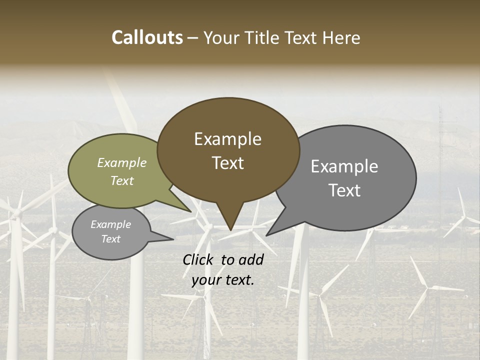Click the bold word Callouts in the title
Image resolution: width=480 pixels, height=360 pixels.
pyautogui.click(x=147, y=37)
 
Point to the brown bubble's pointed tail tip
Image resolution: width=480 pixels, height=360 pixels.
pyautogui.click(x=230, y=230)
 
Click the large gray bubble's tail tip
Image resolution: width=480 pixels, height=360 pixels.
pyautogui.click(x=266, y=235)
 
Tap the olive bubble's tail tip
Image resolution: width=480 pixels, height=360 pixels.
pyautogui.click(x=191, y=211)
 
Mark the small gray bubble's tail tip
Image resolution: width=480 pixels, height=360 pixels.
pyautogui.click(x=173, y=239)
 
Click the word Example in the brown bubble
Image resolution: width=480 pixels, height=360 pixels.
pyautogui.click(x=227, y=139)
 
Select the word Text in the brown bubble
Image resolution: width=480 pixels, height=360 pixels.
pyautogui.click(x=228, y=163)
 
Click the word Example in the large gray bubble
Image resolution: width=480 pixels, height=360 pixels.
pyautogui.click(x=344, y=166)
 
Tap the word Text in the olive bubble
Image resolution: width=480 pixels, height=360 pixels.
pyautogui.click(x=122, y=180)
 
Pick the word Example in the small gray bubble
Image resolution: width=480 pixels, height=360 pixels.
pyautogui.click(x=110, y=224)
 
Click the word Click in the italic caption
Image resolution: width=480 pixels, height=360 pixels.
pyautogui.click(x=199, y=259)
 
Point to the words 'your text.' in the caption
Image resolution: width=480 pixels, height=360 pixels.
pyautogui.click(x=223, y=280)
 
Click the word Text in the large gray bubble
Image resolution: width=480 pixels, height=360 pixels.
pyautogui.click(x=345, y=190)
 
